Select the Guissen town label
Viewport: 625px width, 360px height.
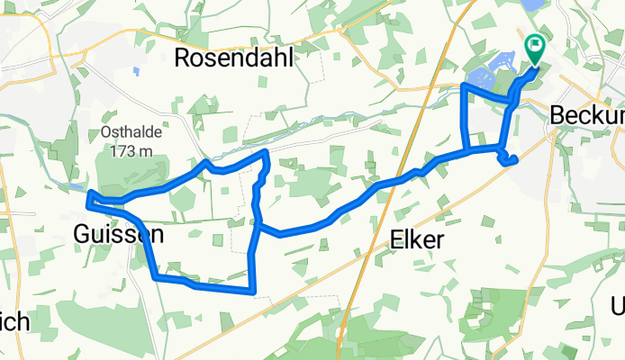pos(119,235)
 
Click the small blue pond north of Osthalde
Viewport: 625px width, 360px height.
pos(135,70)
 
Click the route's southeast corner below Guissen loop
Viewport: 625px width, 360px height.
pos(254,292)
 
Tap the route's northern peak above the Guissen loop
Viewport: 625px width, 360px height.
pos(266,154)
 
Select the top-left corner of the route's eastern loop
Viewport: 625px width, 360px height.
pos(463,85)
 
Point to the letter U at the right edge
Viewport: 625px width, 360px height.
pos(617,307)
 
